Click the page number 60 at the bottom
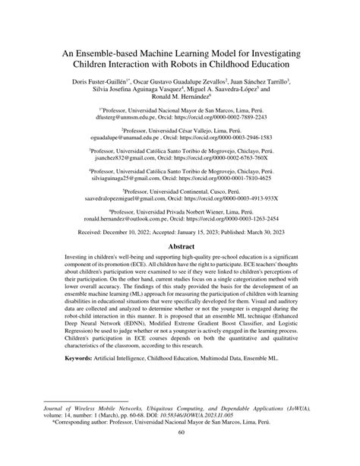click(x=180, y=455)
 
